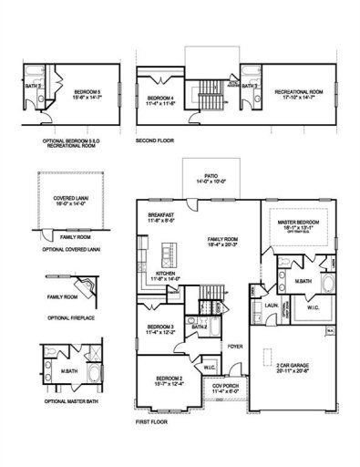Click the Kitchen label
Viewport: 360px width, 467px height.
coord(165,275)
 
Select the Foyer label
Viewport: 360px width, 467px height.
coord(235,346)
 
